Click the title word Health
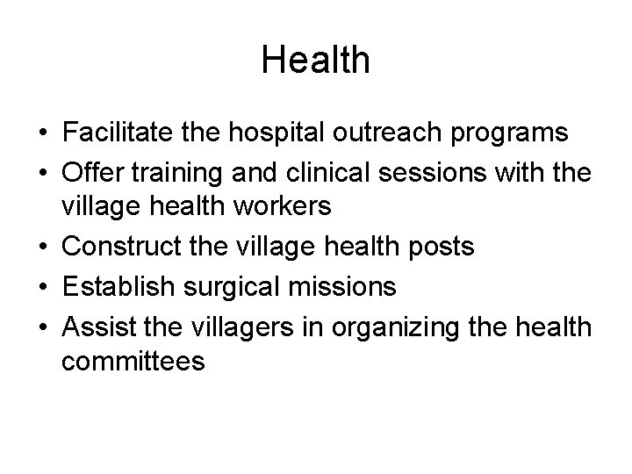[x=316, y=61]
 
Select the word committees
[x=134, y=361]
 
